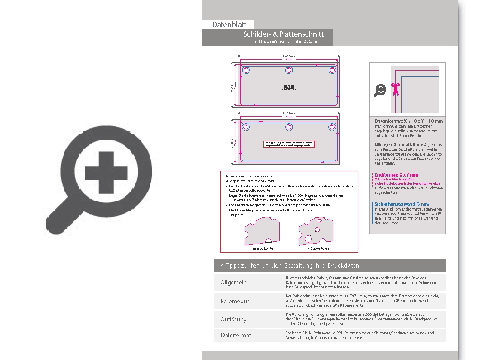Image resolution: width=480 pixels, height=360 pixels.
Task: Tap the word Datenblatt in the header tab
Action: tap(229, 25)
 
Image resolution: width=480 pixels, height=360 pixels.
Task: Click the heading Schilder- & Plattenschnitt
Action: tap(283, 34)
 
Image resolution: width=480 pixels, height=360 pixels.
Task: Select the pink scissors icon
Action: tap(395, 89)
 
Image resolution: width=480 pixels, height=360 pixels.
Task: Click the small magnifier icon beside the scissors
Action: tap(380, 90)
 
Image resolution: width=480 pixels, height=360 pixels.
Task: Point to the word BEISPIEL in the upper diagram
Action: tap(288, 86)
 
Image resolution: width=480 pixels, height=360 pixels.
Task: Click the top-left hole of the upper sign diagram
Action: tap(246, 70)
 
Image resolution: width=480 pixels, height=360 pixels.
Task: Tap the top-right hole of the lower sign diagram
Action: tap(332, 127)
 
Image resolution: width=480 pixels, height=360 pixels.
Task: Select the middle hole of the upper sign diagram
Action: tap(289, 70)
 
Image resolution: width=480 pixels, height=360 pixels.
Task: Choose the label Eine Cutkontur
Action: tap(263, 248)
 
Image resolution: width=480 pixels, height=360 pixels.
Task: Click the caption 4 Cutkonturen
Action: tap(318, 248)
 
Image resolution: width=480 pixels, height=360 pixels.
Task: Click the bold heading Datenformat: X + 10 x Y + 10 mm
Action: tap(408, 122)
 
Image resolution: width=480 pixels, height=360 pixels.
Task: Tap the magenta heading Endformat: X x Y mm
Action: tap(396, 175)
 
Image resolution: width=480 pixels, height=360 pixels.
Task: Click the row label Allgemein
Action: tap(234, 283)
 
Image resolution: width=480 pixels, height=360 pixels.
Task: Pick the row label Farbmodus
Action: tap(235, 301)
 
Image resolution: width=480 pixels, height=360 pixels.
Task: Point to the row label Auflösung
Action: tap(234, 319)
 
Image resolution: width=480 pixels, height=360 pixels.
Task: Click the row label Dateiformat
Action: tap(236, 335)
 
